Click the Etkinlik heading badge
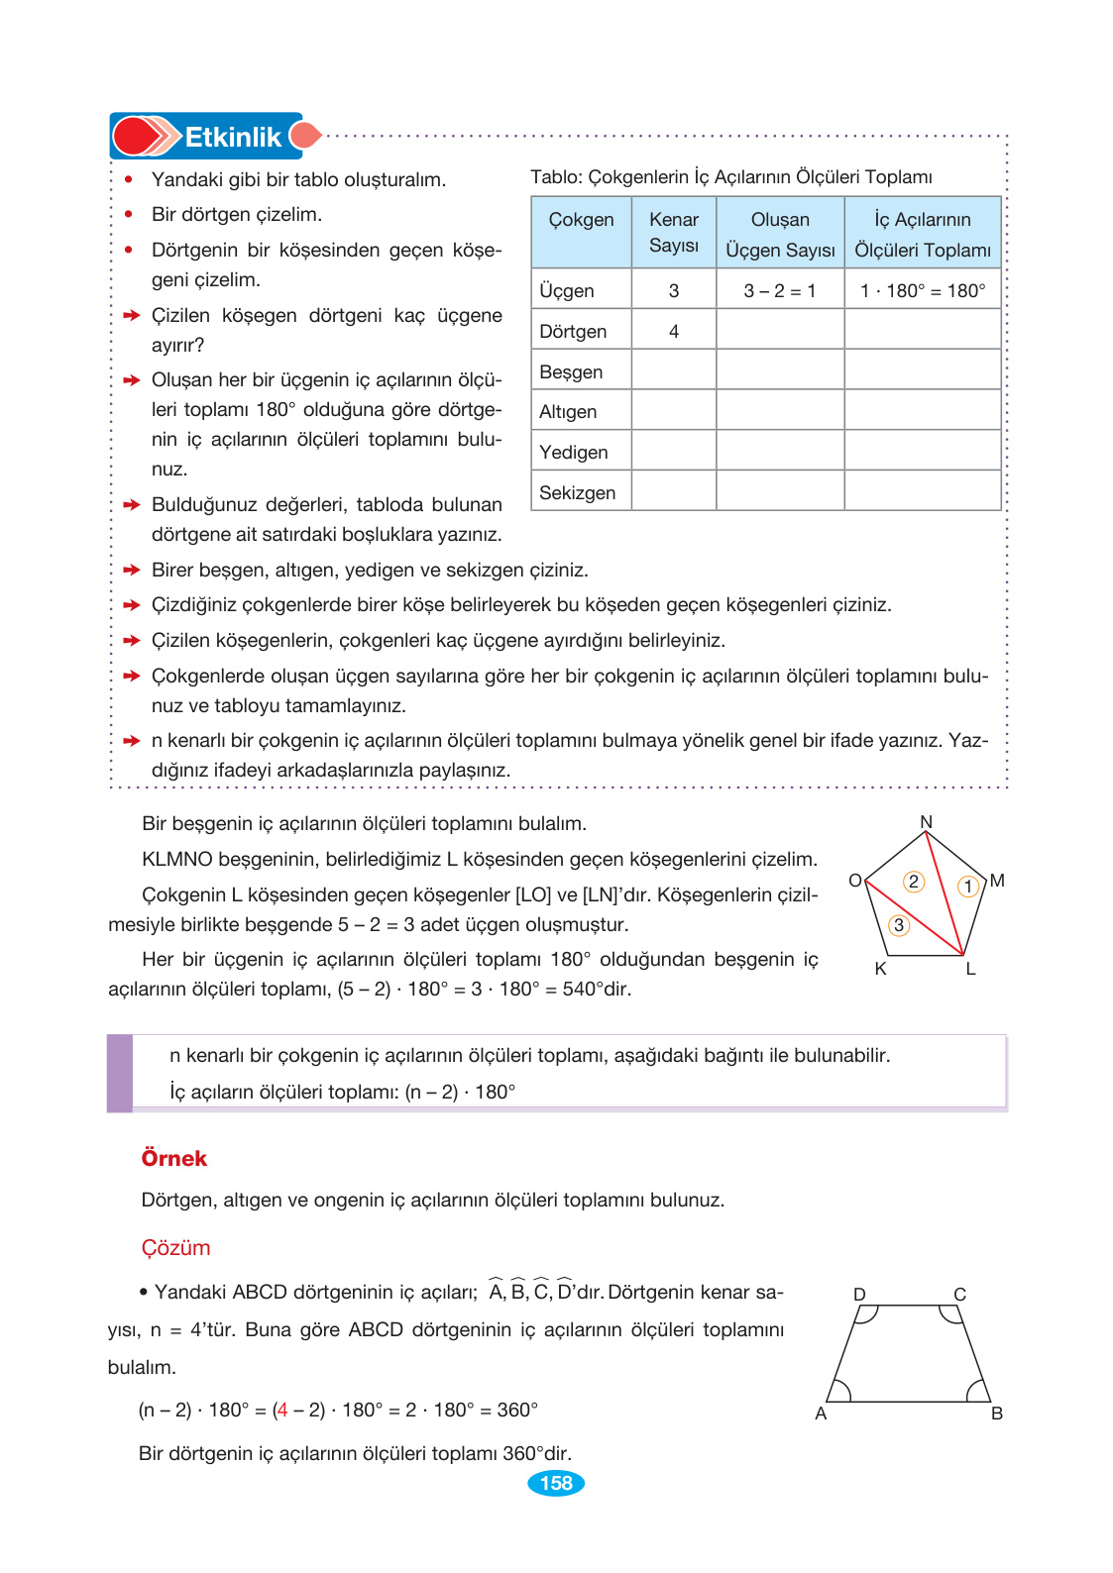213,137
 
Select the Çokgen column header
581,220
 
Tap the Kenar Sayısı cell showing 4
674,332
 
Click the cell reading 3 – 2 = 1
780,291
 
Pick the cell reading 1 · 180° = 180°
923,291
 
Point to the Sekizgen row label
578,493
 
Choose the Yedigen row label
574,453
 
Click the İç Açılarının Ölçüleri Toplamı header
923,235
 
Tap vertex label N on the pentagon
926,822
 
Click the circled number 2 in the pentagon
914,882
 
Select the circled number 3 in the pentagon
898,925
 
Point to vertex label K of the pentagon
880,969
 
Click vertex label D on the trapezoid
859,1295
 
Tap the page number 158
556,1483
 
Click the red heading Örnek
174,1159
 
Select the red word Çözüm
175,1248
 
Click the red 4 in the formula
282,1410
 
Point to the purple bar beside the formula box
120,1073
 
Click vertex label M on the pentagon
997,881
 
